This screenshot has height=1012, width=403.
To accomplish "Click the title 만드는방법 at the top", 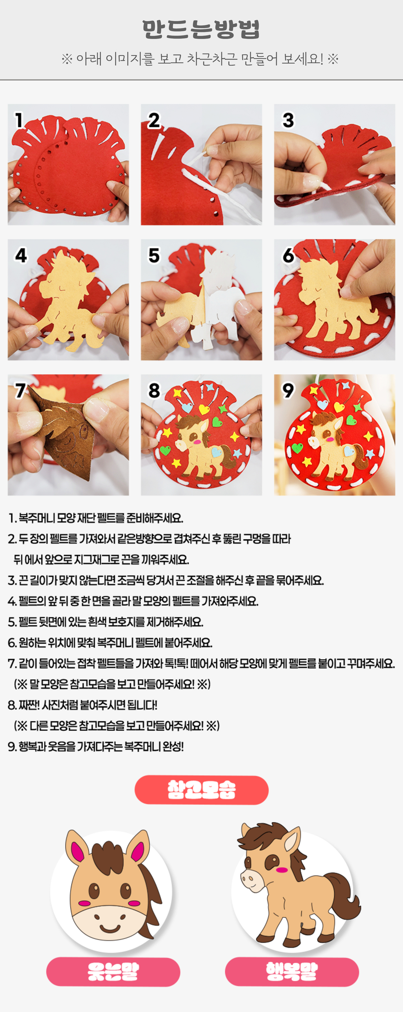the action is coord(201,29).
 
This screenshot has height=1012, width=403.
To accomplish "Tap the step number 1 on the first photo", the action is coord(19,121).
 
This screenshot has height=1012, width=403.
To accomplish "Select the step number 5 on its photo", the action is coord(154,256).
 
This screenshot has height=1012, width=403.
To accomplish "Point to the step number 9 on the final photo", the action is coord(288,390).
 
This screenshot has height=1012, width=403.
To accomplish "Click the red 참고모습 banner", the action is coord(201,790).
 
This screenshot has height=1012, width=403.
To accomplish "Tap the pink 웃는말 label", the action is coord(113,972).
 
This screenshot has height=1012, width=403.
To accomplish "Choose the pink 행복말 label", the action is coord(292,972).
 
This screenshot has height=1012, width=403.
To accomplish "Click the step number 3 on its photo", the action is coord(288,121).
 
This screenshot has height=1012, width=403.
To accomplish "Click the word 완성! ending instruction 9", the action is coord(173,747).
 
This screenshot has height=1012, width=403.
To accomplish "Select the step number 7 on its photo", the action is coord(20,390).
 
